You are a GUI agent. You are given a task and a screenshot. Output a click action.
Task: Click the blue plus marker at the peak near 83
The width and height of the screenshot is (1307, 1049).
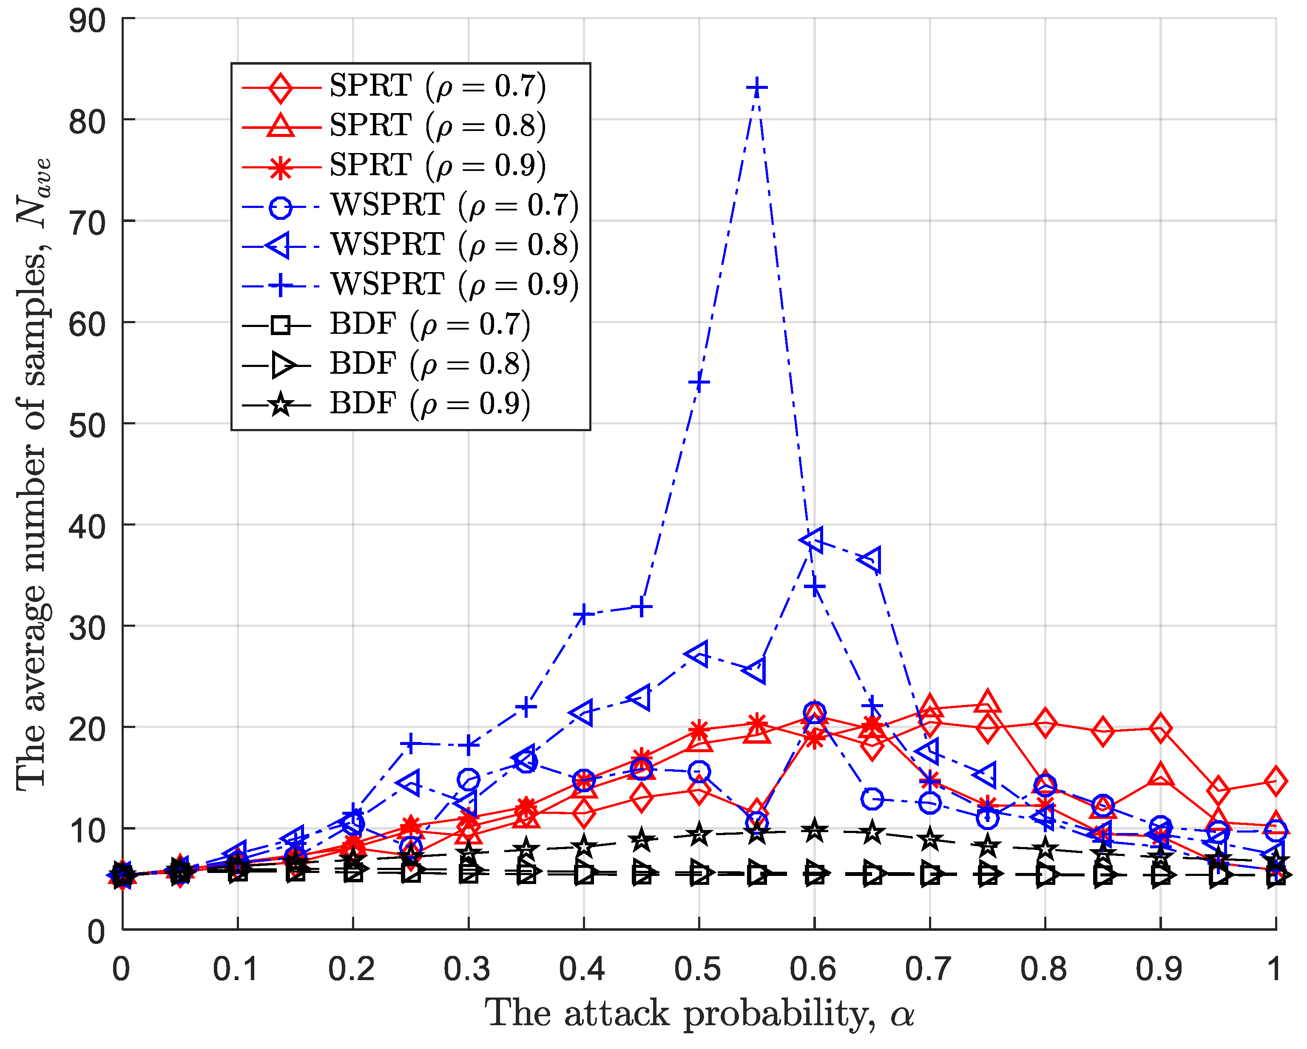coord(756,88)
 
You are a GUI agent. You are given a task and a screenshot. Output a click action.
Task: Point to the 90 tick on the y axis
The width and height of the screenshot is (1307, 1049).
coord(88,21)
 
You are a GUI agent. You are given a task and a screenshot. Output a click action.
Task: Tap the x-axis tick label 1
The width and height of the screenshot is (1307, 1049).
coord(1274,968)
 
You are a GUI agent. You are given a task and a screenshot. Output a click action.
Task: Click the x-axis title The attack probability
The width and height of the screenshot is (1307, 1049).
coord(699,1013)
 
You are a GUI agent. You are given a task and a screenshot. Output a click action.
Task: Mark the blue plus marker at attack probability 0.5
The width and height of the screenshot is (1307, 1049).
coord(699,382)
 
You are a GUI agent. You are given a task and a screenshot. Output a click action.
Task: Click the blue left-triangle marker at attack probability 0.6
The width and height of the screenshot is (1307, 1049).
coord(813,539)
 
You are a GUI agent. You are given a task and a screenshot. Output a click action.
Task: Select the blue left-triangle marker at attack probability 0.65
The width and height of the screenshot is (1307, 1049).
coord(870,559)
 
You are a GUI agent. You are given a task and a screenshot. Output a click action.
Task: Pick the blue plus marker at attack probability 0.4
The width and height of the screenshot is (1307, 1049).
coord(584,615)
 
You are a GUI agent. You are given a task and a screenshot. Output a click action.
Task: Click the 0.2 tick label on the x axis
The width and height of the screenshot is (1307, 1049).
coord(352,968)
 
